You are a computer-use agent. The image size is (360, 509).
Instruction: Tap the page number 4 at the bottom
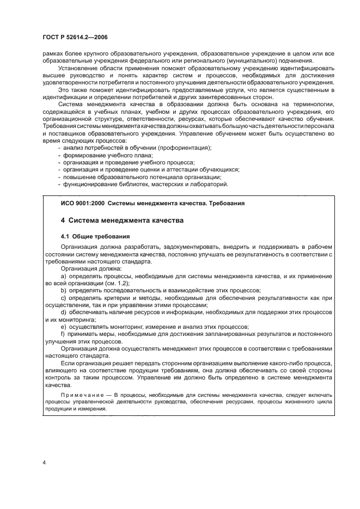coord(44,462)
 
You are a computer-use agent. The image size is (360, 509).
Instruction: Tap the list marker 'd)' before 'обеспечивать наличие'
coord(63,313)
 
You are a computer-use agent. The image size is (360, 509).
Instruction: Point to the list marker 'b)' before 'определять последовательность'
coord(63,291)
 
